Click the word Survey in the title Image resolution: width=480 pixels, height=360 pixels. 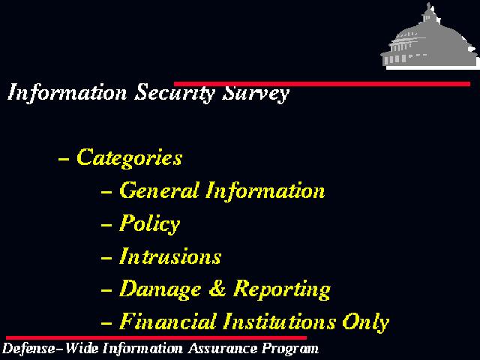tap(255, 93)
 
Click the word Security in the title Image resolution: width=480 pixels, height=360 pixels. tap(175, 93)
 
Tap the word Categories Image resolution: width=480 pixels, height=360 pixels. tap(130, 158)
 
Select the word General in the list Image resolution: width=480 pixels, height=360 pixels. tap(158, 190)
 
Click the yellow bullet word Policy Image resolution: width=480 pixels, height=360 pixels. tap(150, 223)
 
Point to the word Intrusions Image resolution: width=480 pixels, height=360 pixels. tap(170, 256)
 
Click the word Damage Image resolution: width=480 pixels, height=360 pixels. tap(160, 289)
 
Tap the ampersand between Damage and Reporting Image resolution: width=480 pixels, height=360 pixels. tap(217, 288)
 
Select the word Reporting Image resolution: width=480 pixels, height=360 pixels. tap(282, 289)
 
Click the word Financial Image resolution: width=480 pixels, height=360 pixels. tap(167, 322)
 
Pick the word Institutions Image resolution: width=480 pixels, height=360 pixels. tap(279, 322)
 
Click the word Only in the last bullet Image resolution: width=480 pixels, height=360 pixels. tap(365, 322)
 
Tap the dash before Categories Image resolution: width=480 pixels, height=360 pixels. tap(63, 159)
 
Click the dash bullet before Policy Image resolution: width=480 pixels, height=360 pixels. tap(106, 225)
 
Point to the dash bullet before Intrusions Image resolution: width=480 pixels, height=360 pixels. tap(106, 258)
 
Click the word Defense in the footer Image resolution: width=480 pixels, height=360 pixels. tap(28, 348)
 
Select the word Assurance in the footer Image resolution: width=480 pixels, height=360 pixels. tap(223, 348)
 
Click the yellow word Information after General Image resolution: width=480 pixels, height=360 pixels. tap(265, 191)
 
